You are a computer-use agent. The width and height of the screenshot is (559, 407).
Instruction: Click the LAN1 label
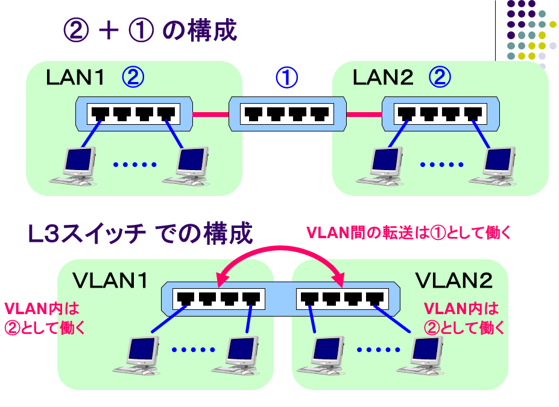[76, 78]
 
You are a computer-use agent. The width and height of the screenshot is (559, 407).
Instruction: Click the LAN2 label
[382, 78]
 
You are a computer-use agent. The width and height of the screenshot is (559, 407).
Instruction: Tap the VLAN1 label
[110, 280]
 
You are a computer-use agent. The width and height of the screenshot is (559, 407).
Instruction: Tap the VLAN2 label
[454, 280]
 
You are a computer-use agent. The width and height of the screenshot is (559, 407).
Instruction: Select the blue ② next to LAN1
[133, 77]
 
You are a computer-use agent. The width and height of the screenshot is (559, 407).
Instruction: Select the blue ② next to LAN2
[440, 77]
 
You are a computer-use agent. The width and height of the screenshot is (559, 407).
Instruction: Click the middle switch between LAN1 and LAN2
[287, 113]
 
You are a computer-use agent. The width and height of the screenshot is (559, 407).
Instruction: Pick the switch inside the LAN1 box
[134, 113]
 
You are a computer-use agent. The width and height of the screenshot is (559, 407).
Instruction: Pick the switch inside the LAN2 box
[440, 113]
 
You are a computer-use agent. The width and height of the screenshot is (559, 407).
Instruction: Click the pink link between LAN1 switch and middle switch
[210, 113]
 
